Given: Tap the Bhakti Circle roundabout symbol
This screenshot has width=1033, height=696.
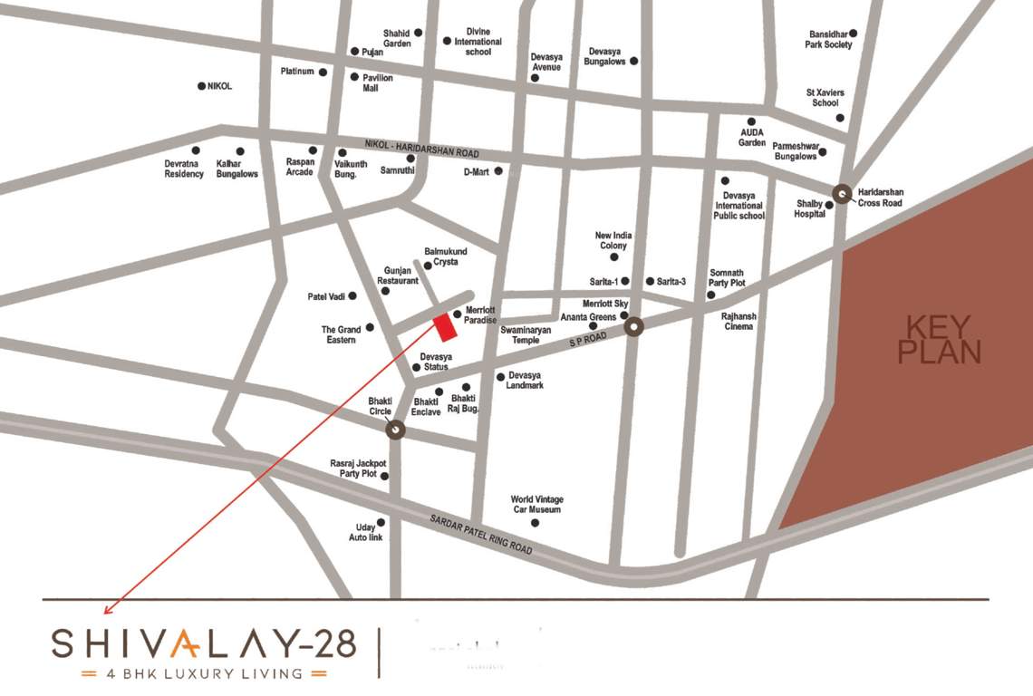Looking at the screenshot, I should [395, 430].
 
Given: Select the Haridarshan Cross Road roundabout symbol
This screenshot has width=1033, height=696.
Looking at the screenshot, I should [843, 193].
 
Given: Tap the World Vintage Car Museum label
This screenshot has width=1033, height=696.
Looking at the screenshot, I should [536, 505].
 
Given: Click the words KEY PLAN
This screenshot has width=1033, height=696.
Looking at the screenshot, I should [939, 340].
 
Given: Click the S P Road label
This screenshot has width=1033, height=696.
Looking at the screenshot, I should [586, 339].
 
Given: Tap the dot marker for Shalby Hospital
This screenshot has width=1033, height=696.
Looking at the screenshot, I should [829, 205].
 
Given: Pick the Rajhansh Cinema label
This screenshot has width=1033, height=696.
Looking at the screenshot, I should [739, 321].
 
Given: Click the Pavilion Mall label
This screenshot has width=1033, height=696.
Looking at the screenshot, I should [377, 82].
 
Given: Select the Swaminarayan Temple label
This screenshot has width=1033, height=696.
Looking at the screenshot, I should [526, 334].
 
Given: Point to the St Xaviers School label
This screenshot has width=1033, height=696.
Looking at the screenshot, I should [825, 97].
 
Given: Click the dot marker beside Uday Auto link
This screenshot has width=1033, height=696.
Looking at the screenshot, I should [381, 522].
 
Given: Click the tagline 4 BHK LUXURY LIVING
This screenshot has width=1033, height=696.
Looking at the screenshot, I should [204, 673].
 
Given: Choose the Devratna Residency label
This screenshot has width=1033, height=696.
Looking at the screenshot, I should [184, 168].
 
